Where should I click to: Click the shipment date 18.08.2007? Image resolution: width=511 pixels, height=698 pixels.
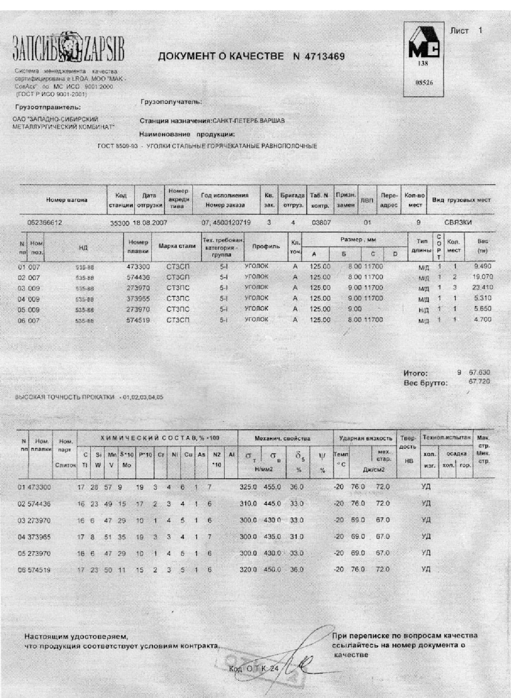[x=150, y=223]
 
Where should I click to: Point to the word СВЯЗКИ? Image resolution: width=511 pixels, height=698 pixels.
[x=458, y=223]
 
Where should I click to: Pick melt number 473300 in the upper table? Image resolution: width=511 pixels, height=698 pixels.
[x=138, y=267]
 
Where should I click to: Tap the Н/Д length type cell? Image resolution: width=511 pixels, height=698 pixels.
[x=423, y=310]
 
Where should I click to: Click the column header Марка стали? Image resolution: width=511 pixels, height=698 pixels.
[x=177, y=246]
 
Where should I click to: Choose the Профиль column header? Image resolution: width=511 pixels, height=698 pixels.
[x=266, y=246]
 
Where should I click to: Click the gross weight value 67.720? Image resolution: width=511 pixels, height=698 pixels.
[x=479, y=382]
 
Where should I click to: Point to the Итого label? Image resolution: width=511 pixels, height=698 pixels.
[x=415, y=373]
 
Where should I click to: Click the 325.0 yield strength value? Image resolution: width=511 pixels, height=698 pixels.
[x=248, y=487]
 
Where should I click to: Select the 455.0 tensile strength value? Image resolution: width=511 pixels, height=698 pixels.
[x=272, y=487]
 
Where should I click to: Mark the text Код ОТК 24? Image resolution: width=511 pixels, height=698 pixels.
[x=254, y=668]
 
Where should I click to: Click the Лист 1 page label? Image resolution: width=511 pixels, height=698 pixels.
[x=466, y=31]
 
